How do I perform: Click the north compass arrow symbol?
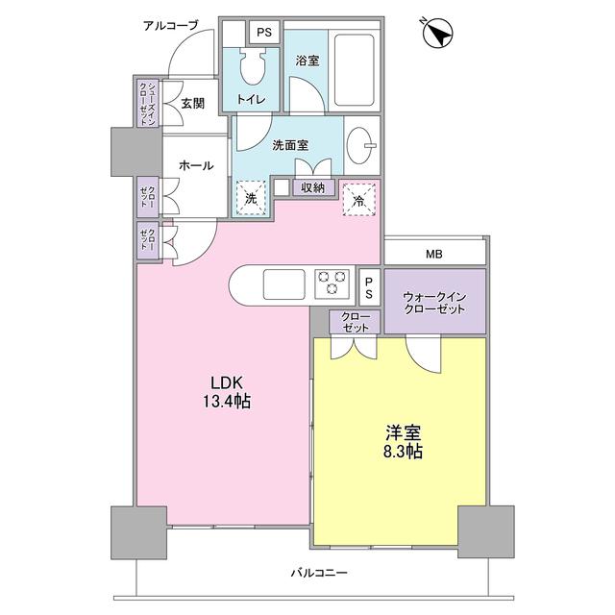(438, 35)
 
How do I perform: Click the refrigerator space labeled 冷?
(357, 200)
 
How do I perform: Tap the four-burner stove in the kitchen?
(333, 283)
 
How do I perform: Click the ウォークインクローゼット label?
(434, 303)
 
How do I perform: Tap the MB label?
(435, 255)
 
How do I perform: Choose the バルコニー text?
(319, 573)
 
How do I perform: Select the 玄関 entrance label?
(192, 103)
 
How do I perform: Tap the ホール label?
(195, 165)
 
